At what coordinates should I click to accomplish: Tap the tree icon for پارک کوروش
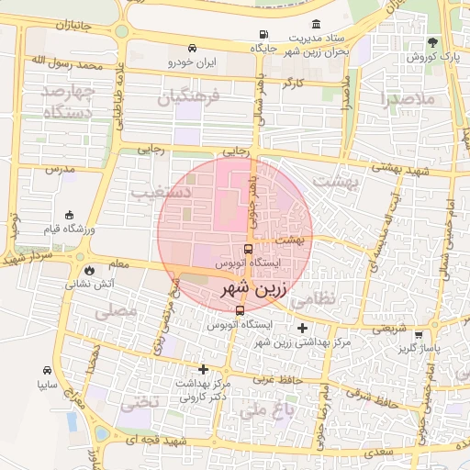click(x=432, y=42)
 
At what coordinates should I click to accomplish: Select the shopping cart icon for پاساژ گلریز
click(x=420, y=335)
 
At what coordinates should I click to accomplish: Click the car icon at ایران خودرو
click(x=191, y=48)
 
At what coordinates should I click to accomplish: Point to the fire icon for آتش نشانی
click(x=88, y=271)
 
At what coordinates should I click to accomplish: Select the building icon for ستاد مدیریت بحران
click(x=317, y=23)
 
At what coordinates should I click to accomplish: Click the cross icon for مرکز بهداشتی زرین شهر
click(x=303, y=328)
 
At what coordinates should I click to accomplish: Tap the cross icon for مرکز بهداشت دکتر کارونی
click(x=203, y=369)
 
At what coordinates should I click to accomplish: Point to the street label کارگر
click(x=294, y=83)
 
